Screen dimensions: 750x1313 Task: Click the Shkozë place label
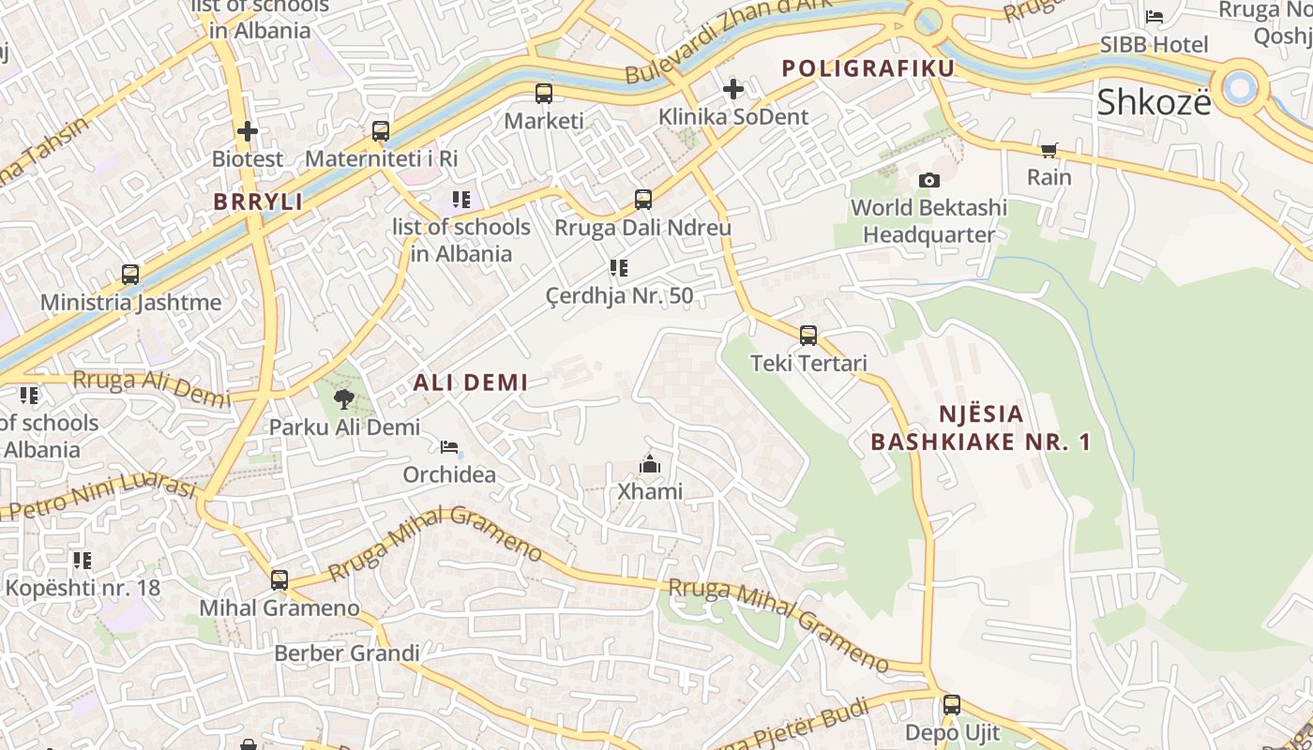1154,102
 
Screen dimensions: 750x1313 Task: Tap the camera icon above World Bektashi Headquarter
928,180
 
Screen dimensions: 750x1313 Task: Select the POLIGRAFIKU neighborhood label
868,68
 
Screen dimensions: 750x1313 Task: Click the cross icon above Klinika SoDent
733,89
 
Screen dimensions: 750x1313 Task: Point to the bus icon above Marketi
544,93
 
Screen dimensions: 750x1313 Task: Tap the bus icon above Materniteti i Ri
380,130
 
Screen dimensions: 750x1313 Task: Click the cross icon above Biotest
247,131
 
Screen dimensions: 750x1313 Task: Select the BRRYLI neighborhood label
258,202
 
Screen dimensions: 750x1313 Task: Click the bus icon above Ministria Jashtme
130,275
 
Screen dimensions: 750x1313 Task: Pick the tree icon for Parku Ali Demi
344,399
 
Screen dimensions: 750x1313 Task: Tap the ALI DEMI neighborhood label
471,382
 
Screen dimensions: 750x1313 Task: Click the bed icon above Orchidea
449,447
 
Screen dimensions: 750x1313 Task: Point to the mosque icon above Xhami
649,464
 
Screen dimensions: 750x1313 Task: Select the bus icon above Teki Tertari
807,335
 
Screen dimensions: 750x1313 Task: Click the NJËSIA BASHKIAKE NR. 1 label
981,427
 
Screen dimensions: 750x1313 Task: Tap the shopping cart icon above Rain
1049,150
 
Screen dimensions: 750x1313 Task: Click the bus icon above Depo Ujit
952,705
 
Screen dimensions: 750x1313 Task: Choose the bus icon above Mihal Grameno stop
279,579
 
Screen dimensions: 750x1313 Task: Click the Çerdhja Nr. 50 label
620,296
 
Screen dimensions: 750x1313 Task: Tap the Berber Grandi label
347,653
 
